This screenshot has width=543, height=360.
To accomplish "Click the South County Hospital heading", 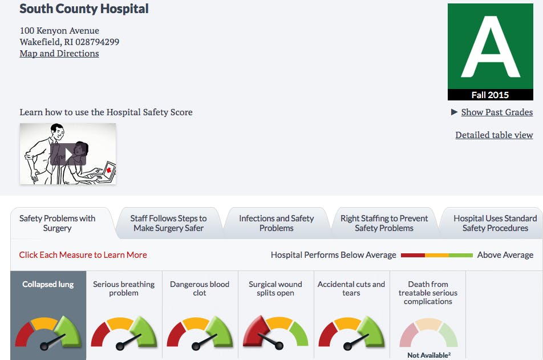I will (84, 9).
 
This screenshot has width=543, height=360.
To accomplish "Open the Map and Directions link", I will (59, 54).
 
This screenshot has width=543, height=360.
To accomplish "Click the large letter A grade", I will (490, 47).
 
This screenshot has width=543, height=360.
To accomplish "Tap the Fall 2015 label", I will (490, 95).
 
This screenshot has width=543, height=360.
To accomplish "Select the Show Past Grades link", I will (497, 112).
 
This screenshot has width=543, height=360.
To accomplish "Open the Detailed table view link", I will (494, 135).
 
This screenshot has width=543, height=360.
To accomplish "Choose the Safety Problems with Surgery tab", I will (57, 223).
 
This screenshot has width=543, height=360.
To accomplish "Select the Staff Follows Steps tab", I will (168, 223).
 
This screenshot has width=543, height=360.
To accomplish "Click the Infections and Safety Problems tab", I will (276, 223).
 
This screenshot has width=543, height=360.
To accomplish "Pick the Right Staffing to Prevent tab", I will (384, 223).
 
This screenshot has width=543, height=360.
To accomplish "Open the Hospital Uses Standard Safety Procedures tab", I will (495, 223).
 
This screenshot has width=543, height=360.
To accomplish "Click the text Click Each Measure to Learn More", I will (83, 255).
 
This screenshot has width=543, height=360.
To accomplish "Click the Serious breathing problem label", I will (124, 288).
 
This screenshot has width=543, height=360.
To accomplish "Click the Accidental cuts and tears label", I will (351, 288).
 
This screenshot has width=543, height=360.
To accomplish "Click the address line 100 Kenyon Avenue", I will (59, 31).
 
